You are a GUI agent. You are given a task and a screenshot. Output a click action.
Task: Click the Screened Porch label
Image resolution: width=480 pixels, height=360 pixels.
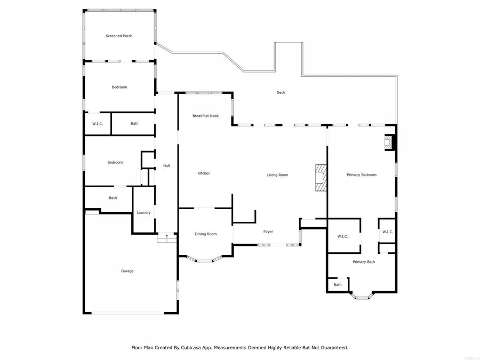pyautogui.click(x=119, y=36)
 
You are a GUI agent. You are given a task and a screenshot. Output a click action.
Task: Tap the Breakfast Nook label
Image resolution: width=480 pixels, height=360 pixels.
pyautogui.click(x=205, y=116)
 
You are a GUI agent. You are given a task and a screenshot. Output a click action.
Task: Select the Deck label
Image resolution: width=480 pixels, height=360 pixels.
pyautogui.click(x=281, y=92)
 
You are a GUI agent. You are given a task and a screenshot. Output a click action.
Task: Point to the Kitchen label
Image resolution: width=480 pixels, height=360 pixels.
pyautogui.click(x=204, y=173)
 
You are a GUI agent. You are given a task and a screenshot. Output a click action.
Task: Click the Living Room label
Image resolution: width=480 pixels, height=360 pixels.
pyautogui.click(x=277, y=175)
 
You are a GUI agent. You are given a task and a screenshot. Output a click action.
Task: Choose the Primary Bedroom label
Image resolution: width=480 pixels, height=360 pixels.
pyautogui.click(x=361, y=175)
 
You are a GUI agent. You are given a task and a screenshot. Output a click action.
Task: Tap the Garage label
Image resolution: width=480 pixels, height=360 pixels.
pyautogui.click(x=127, y=271)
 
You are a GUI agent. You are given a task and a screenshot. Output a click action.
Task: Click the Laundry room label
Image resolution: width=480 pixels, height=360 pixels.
pyautogui.click(x=143, y=212)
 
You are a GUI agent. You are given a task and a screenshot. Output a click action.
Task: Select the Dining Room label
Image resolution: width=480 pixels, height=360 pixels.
pyautogui.click(x=205, y=234)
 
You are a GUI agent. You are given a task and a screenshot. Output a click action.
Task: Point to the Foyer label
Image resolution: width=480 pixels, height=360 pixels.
pyautogui.click(x=268, y=231)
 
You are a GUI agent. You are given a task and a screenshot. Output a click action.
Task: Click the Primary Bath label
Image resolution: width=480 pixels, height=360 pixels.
pyautogui.click(x=364, y=262)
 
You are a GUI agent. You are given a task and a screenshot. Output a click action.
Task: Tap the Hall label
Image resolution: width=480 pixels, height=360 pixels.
pyautogui.click(x=166, y=166)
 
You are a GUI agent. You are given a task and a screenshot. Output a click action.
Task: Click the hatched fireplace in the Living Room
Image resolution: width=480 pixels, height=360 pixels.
pyautogui.click(x=320, y=178)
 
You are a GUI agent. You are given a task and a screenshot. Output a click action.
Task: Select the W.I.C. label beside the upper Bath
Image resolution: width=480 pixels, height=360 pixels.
pyautogui.click(x=97, y=124)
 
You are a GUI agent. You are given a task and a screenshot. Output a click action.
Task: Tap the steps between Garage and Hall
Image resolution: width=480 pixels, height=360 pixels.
pyautogui.click(x=166, y=238)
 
